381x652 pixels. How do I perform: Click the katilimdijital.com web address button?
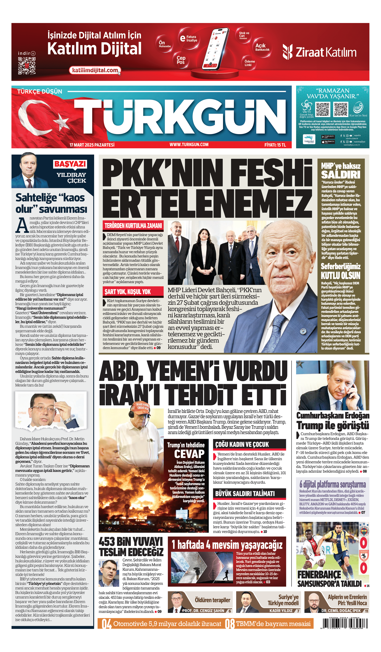pyautogui.click(x=95, y=70)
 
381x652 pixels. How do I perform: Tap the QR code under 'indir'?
pyautogui.click(x=27, y=66)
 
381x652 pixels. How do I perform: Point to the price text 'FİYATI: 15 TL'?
pyautogui.click(x=275, y=145)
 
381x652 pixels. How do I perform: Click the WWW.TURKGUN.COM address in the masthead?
pyautogui.click(x=189, y=145)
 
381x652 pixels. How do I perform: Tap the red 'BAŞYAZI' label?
pyautogui.click(x=70, y=164)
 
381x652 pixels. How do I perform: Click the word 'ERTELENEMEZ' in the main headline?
pyautogui.click(x=207, y=203)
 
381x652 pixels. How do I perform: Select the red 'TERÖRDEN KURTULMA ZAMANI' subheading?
pyautogui.click(x=133, y=226)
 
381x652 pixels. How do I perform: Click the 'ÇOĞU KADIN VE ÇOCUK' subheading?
pyautogui.click(x=242, y=444)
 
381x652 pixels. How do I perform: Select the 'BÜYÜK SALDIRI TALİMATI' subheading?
pyautogui.click(x=245, y=494)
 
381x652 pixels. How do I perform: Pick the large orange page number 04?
pyautogui.click(x=106, y=624)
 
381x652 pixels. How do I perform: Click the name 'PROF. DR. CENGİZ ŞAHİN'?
pyautogui.click(x=203, y=611)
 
